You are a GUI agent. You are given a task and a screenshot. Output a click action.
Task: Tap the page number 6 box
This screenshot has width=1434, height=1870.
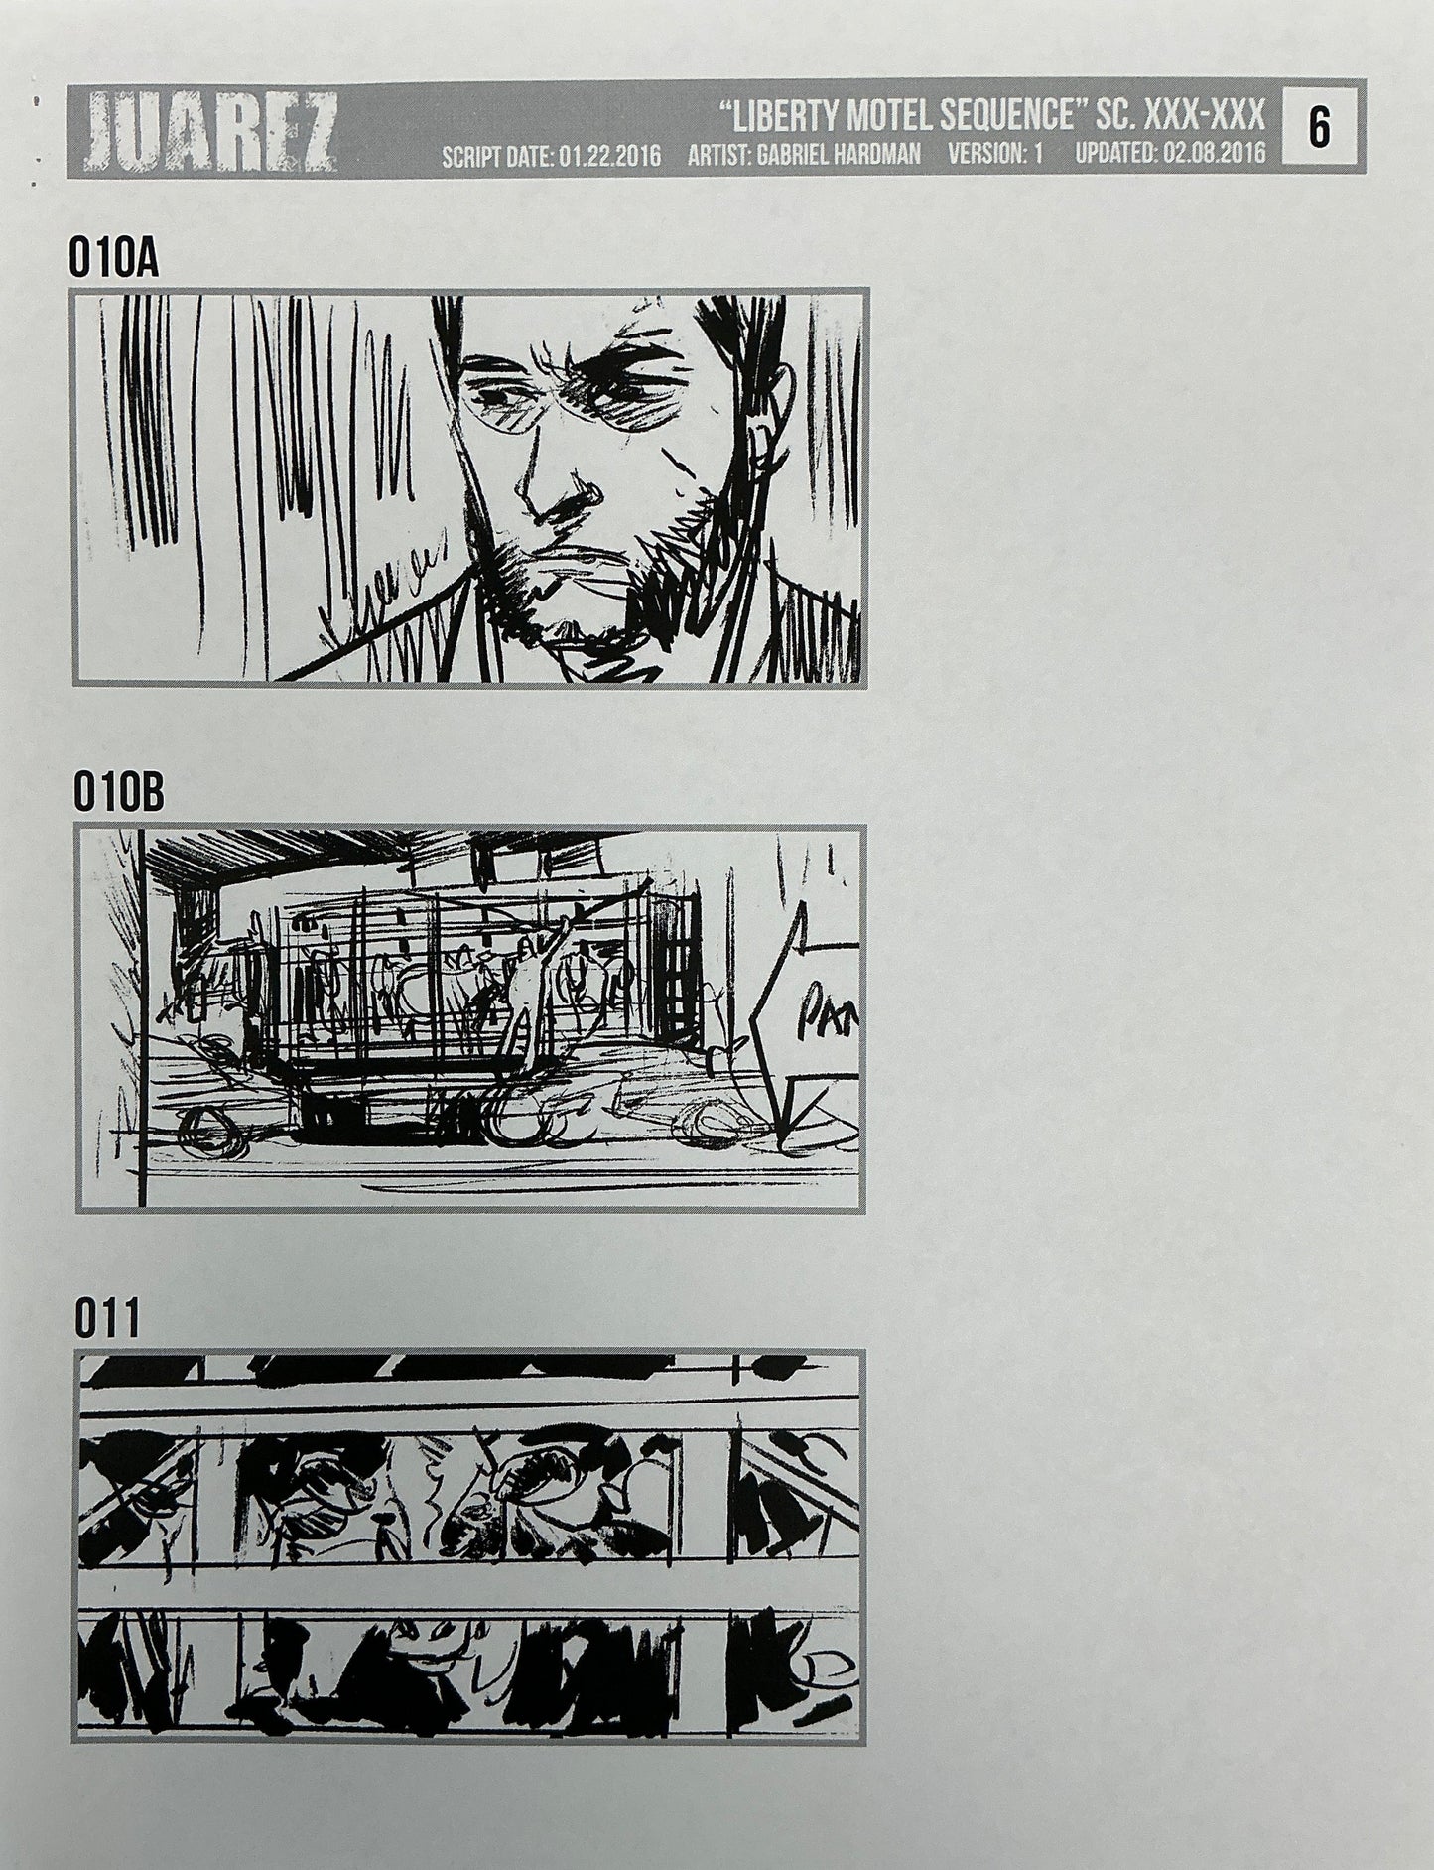tap(1319, 129)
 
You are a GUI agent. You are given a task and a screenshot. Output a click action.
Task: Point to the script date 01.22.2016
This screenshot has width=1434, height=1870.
tap(605, 156)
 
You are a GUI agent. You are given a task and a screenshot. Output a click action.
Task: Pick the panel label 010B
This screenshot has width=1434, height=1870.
tap(117, 795)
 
